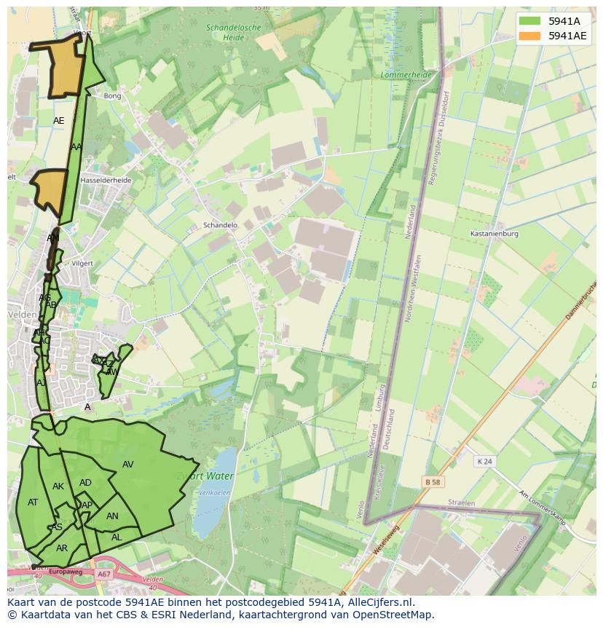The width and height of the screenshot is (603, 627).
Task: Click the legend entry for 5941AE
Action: tap(567, 36)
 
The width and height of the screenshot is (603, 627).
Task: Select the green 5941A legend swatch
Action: tap(531, 21)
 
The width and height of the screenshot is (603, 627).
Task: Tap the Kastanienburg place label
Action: tap(494, 234)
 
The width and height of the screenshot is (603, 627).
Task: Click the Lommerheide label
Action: tap(406, 75)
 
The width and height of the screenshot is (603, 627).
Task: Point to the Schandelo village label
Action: tap(220, 225)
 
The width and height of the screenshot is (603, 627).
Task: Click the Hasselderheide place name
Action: tap(106, 180)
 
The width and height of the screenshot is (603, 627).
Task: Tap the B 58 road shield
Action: tap(433, 481)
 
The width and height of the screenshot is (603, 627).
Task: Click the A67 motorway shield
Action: tap(103, 574)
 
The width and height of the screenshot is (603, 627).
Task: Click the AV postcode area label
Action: tap(128, 465)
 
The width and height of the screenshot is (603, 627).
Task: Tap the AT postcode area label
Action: tap(33, 502)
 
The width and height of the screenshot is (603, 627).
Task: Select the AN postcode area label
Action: tap(112, 516)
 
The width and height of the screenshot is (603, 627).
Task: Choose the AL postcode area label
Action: tap(117, 537)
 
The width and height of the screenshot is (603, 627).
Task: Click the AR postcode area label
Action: tap(62, 548)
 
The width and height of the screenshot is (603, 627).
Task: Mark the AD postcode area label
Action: tap(85, 483)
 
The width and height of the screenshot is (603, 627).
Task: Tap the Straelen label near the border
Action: tap(461, 503)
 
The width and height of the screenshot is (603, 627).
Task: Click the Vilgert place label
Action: tap(83, 263)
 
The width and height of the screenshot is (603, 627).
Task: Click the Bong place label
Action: tap(112, 95)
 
